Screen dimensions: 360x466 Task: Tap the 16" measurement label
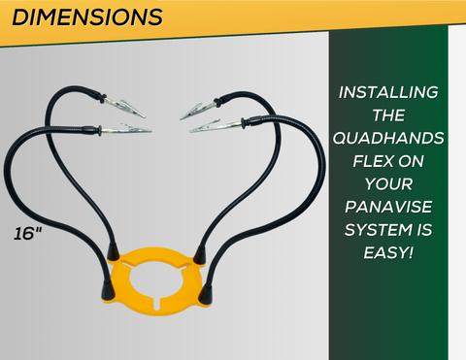tap(29, 234)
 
